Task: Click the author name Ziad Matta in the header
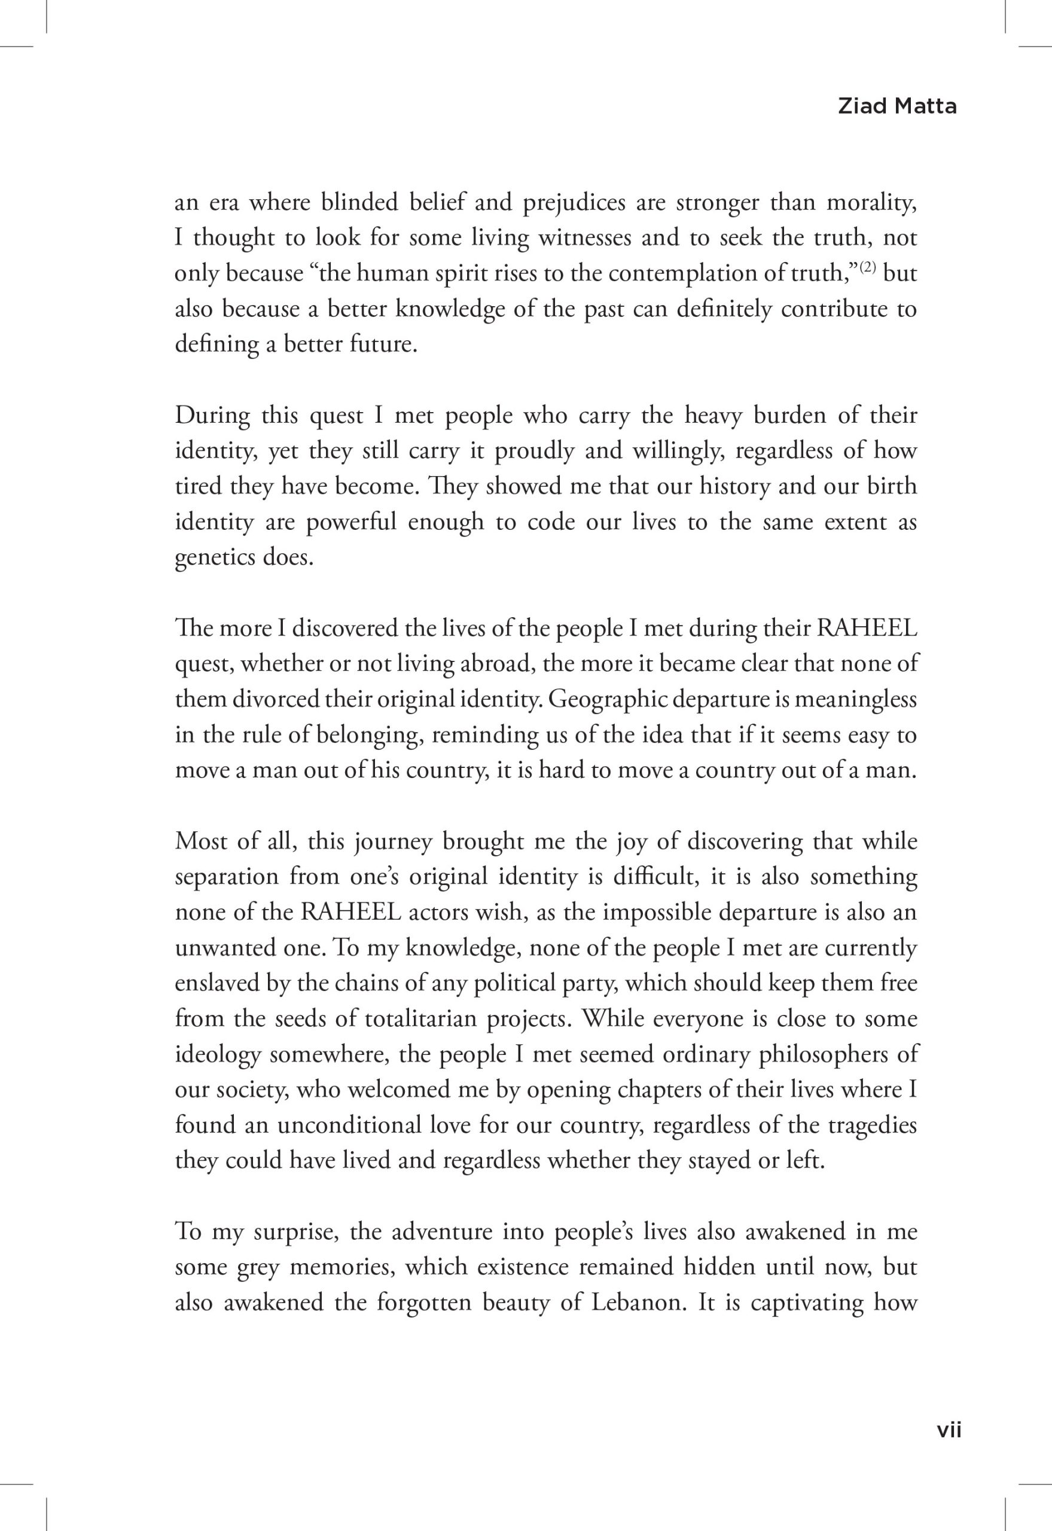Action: tap(897, 107)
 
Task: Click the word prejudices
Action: tap(574, 203)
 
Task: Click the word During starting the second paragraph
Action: tap(212, 416)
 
